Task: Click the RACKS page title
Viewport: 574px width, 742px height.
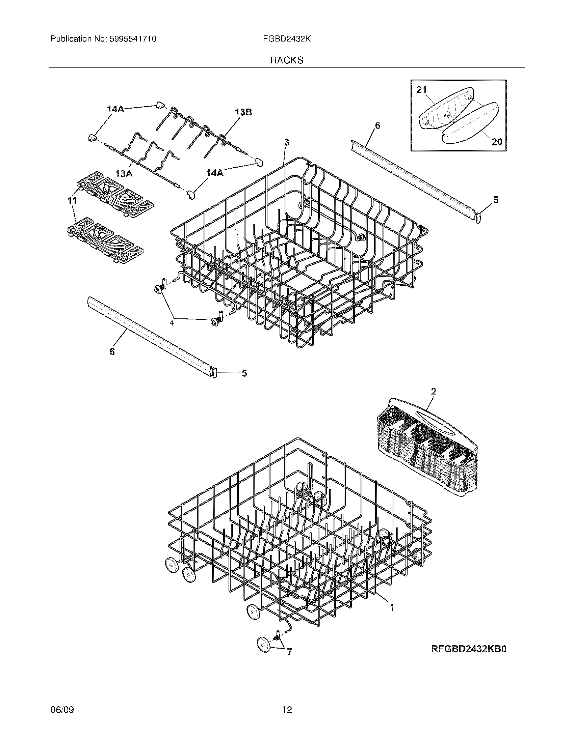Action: [287, 60]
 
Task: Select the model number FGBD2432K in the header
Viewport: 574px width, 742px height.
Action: [287, 39]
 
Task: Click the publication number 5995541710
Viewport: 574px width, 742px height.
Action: [133, 39]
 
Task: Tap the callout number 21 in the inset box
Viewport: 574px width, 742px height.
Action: [421, 90]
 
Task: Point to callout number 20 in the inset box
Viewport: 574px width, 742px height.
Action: [497, 142]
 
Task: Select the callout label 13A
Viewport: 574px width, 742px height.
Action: [124, 174]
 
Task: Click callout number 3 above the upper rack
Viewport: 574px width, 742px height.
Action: [287, 142]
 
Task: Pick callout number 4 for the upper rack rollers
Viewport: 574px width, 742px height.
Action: [172, 323]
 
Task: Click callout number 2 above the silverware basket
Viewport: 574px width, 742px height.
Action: [433, 391]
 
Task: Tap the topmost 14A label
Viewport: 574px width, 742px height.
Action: [116, 109]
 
